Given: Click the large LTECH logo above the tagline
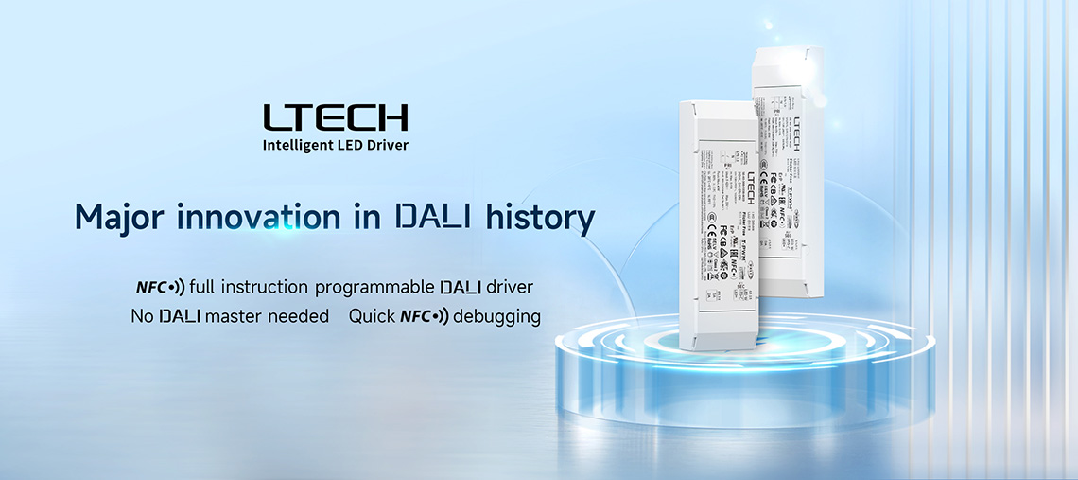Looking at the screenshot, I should [x=336, y=117].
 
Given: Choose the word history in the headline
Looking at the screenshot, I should [x=540, y=218].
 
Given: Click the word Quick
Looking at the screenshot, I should [x=371, y=316].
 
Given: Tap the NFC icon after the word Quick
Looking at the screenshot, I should [x=425, y=316].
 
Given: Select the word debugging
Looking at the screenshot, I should [x=496, y=316].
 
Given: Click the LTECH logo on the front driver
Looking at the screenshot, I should [x=751, y=187].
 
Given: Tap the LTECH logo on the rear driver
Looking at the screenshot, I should [x=794, y=133].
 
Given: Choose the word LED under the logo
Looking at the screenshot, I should [x=355, y=146].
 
